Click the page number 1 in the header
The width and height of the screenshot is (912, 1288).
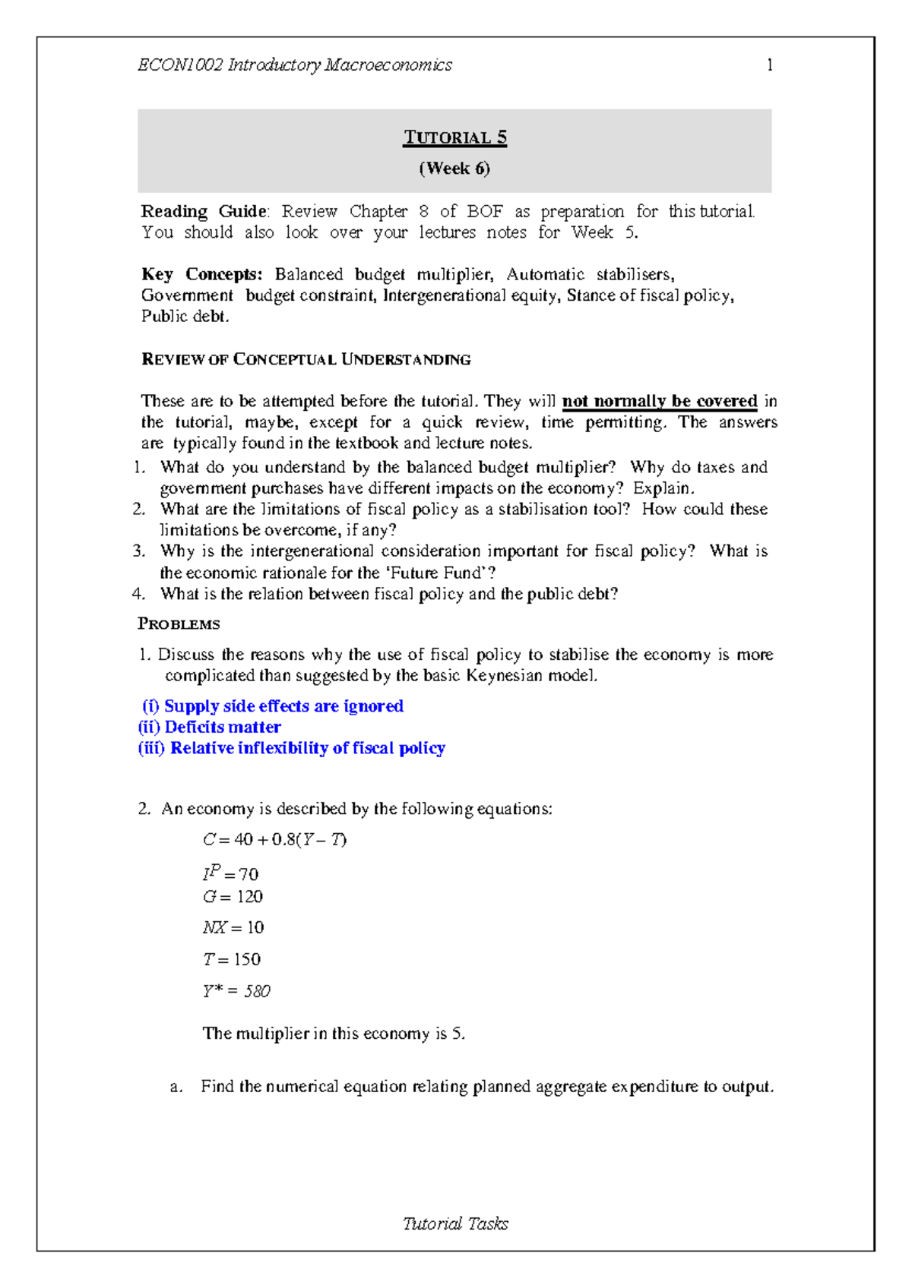(769, 65)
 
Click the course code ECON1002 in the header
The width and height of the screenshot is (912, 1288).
(180, 65)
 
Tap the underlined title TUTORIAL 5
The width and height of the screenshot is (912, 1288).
(454, 137)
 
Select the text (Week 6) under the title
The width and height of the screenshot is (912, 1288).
(454, 169)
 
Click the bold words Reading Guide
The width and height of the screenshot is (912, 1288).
(204, 211)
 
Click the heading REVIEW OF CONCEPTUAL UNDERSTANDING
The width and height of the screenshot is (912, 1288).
(306, 359)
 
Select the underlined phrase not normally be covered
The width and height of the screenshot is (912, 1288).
(659, 401)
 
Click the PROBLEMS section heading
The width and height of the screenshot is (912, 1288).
(179, 624)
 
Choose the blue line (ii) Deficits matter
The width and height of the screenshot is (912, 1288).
(210, 728)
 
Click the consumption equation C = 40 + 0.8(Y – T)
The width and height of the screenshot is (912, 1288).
(274, 840)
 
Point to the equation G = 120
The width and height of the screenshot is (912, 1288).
(233, 897)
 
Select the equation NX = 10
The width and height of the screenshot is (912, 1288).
(233, 928)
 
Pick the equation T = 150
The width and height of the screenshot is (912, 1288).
(232, 960)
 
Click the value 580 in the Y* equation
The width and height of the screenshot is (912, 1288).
(257, 992)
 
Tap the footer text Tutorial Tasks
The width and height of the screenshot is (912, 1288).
(454, 1223)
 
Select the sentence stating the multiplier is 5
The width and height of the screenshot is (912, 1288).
(333, 1034)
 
